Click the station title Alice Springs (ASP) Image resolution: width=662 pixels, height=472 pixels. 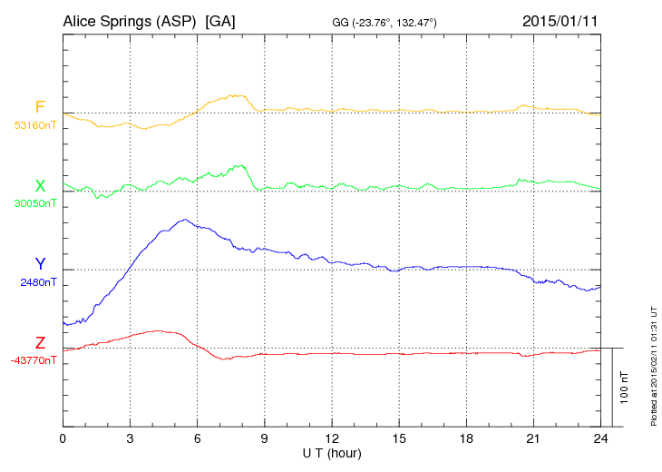coord(129,20)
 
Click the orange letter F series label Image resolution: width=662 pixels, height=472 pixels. coord(40,107)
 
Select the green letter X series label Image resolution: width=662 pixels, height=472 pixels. coord(40,185)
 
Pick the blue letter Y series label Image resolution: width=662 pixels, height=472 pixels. coord(40,264)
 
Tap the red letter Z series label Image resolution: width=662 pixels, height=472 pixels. coord(40,342)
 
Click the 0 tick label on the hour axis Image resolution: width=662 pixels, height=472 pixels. coord(63,439)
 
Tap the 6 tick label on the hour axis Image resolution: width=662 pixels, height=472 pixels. coord(198,439)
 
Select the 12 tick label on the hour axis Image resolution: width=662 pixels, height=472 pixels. coord(332,439)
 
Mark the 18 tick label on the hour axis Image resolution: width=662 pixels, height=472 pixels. coord(466,439)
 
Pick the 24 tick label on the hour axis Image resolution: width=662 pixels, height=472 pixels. coord(600,439)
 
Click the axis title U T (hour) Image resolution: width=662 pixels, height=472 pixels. coord(332,453)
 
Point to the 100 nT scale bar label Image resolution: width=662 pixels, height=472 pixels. coord(625,387)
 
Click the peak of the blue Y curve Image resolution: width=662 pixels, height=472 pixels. coord(185,220)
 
